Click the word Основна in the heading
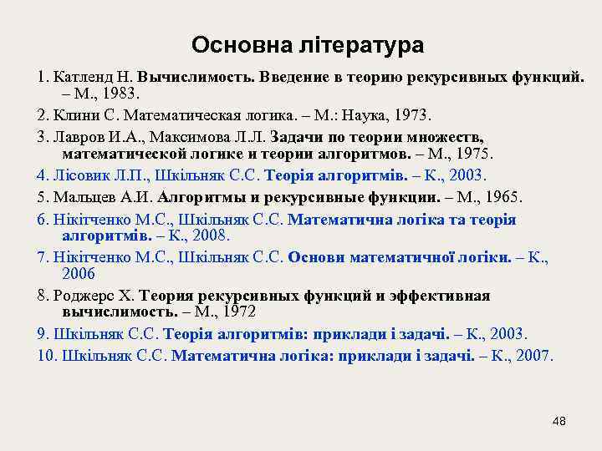coord(232,43)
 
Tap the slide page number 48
coord(559,421)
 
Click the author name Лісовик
coord(82,176)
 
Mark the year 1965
coord(502,198)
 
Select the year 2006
coord(79,274)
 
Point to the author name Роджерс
coord(84,296)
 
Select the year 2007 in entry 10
coord(533,356)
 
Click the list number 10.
coord(46,356)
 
